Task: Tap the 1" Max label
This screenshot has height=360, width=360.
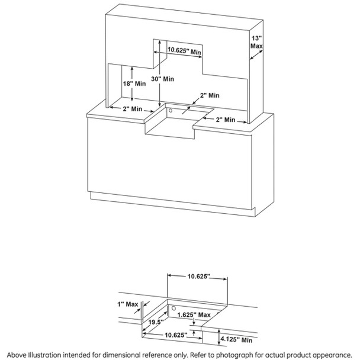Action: [x=128, y=304]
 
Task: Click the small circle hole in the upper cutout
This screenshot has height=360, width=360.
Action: [x=170, y=110]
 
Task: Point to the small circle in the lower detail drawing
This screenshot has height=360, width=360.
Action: [x=174, y=307]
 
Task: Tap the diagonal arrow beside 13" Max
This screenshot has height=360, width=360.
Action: [x=256, y=54]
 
